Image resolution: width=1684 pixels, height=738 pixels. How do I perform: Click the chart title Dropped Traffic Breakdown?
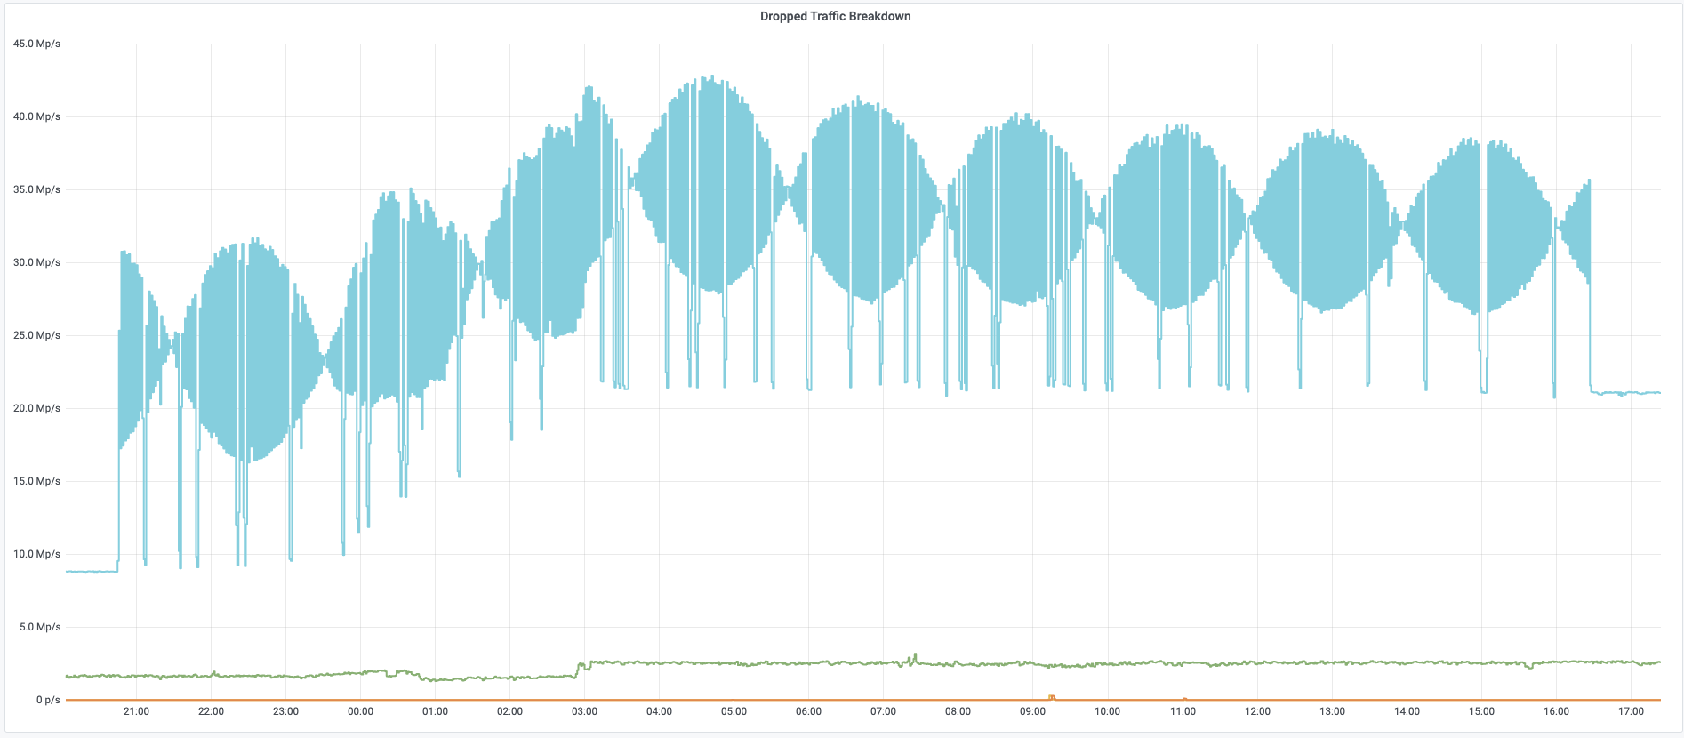pyautogui.click(x=835, y=16)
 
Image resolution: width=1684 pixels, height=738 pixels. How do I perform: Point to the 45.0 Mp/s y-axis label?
pyautogui.click(x=36, y=44)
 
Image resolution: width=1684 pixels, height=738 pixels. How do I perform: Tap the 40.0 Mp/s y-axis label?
pyautogui.click(x=36, y=116)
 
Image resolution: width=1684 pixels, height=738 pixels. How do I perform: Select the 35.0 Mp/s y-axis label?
pyautogui.click(x=36, y=189)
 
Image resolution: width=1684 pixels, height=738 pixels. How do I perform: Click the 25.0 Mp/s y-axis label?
pyautogui.click(x=36, y=335)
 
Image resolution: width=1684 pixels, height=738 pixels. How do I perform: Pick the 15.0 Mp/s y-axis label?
pyautogui.click(x=36, y=481)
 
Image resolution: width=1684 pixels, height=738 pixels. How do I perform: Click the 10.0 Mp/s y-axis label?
pyautogui.click(x=36, y=554)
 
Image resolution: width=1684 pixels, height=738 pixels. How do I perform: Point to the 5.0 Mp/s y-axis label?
pyautogui.click(x=40, y=627)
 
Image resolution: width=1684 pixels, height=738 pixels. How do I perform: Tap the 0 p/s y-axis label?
pyautogui.click(x=48, y=700)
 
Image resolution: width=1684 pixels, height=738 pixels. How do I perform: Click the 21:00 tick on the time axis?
pyautogui.click(x=136, y=711)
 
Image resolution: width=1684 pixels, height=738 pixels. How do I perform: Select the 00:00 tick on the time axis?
pyautogui.click(x=360, y=711)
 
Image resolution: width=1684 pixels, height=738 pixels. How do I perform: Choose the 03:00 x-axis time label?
pyautogui.click(x=584, y=711)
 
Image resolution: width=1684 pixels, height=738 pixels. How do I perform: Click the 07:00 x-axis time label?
pyautogui.click(x=883, y=711)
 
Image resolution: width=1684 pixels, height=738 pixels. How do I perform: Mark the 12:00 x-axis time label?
pyautogui.click(x=1257, y=711)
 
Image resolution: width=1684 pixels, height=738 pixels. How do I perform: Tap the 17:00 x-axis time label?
pyautogui.click(x=1631, y=711)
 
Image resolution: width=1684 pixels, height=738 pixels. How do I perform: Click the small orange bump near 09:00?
pyautogui.click(x=1052, y=697)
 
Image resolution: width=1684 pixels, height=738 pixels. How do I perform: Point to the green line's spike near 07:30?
pyautogui.click(x=914, y=657)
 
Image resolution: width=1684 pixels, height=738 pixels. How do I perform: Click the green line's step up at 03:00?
pyautogui.click(x=579, y=669)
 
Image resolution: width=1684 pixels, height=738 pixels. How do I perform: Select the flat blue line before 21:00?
pyautogui.click(x=92, y=571)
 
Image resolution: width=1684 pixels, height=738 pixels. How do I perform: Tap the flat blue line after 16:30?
pyautogui.click(x=1625, y=393)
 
